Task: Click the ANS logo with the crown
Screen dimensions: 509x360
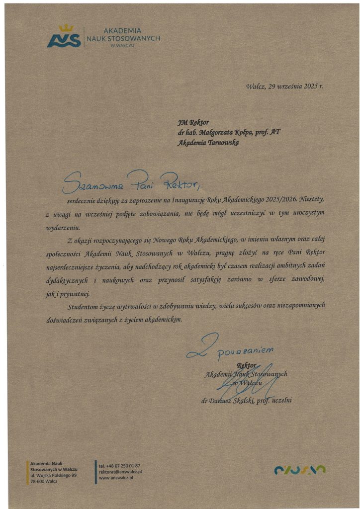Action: pyautogui.click(x=64, y=37)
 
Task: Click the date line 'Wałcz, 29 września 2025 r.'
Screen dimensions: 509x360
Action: pyautogui.click(x=284, y=86)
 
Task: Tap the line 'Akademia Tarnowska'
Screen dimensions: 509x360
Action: pyautogui.click(x=208, y=143)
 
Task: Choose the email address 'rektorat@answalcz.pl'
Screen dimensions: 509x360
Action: pyautogui.click(x=121, y=472)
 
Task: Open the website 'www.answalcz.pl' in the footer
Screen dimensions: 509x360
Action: pyautogui.click(x=117, y=478)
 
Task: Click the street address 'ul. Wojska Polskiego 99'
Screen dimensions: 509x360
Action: pyautogui.click(x=53, y=476)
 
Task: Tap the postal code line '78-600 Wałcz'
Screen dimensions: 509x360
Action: pyautogui.click(x=44, y=482)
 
